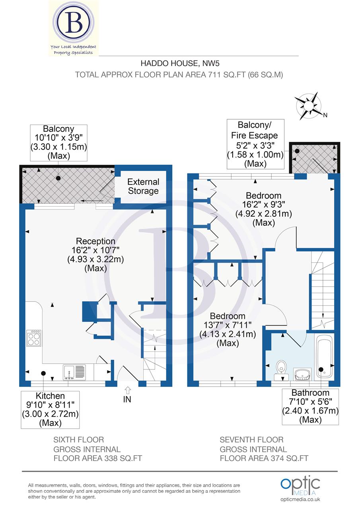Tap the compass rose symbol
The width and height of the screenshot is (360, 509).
pyautogui.click(x=309, y=106)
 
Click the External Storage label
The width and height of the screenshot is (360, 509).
pyautogui.click(x=143, y=186)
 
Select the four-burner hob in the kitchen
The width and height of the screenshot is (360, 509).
pyautogui.click(x=33, y=338)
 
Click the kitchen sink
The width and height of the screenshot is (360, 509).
pyautogui.click(x=74, y=372)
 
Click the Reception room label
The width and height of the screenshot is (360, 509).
pyautogui.click(x=95, y=254)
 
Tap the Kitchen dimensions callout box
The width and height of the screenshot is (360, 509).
pyautogui.click(x=50, y=409)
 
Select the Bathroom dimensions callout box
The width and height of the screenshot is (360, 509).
pyautogui.click(x=310, y=406)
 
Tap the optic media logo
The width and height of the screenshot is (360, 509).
pyautogui.click(x=301, y=487)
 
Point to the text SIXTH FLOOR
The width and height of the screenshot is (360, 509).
pyautogui.click(x=79, y=439)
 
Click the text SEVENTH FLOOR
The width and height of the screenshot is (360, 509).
pyautogui.click(x=251, y=439)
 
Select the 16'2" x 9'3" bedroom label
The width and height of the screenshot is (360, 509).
pyautogui.click(x=263, y=209)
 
